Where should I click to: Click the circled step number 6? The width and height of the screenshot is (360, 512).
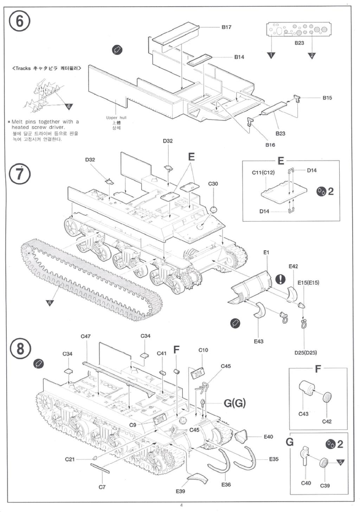click(x=19, y=21)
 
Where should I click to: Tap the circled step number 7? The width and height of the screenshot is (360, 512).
click(x=20, y=174)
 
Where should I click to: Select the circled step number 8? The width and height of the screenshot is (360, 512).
click(x=20, y=349)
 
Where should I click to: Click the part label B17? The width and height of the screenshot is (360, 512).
click(x=226, y=27)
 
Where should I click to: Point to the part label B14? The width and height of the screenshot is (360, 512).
click(x=239, y=57)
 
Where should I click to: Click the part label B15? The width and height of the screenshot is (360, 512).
click(x=327, y=98)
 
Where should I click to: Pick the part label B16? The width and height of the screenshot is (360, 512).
click(x=270, y=145)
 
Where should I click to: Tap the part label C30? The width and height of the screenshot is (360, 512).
click(x=213, y=184)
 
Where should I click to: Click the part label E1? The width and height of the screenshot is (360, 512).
click(x=266, y=252)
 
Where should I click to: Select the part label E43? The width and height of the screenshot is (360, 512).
click(x=258, y=341)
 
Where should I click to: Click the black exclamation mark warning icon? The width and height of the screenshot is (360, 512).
click(x=280, y=279)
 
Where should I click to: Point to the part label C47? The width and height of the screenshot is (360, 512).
click(x=86, y=336)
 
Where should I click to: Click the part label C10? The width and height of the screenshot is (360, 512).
click(x=203, y=350)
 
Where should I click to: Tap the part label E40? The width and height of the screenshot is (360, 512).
click(x=268, y=437)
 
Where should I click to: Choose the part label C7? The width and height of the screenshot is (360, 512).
click(x=102, y=487)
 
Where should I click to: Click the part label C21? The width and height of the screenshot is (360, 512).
click(x=70, y=459)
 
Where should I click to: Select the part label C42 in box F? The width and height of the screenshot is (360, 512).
click(x=327, y=421)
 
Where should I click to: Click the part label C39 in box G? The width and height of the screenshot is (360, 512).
click(x=325, y=486)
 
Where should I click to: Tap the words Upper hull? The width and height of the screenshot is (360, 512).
click(x=116, y=118)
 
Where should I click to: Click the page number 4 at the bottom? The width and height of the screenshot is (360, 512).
click(x=181, y=506)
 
